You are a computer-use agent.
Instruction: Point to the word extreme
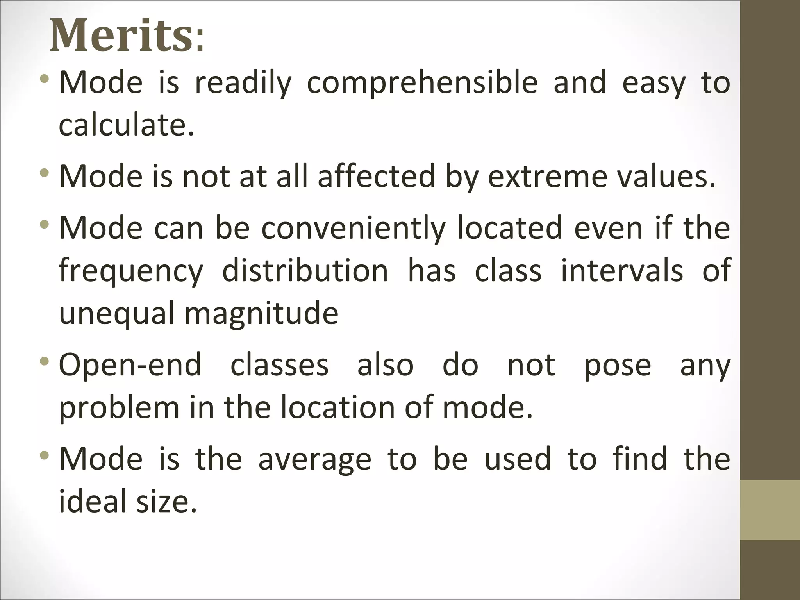[547, 177]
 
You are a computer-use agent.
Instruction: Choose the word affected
[376, 177]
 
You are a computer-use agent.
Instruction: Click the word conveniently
[353, 228]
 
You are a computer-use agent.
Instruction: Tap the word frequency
[131, 271]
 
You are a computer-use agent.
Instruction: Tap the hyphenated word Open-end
[130, 365]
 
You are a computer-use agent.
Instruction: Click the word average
[314, 460]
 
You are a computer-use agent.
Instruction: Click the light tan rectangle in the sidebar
[770, 510]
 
